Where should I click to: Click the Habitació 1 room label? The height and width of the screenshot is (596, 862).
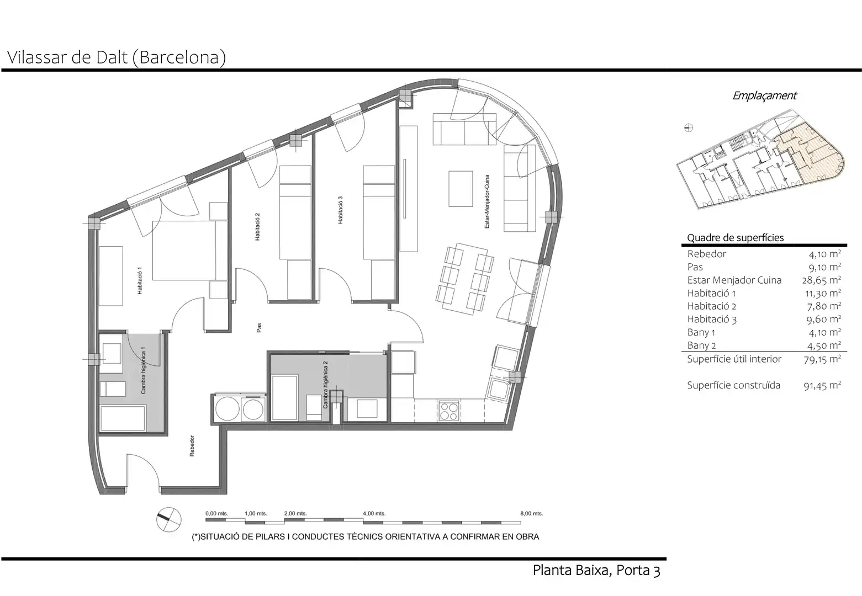[140, 281]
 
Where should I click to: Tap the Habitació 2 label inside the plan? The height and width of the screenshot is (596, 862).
[257, 227]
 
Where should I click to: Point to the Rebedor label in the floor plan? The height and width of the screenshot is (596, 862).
[192, 446]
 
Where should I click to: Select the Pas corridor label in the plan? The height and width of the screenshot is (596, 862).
[259, 328]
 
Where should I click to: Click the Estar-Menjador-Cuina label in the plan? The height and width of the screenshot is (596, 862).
[487, 201]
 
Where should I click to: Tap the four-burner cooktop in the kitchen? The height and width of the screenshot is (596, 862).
[449, 411]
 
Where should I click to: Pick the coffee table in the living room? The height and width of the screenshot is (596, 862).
[461, 189]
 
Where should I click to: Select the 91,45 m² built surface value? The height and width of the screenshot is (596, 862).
[822, 385]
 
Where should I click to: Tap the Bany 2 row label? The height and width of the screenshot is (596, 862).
[701, 345]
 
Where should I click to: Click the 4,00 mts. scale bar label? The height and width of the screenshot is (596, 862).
[374, 513]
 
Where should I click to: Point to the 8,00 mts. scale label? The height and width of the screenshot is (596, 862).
[531, 513]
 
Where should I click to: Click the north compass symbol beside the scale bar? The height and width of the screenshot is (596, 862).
[168, 519]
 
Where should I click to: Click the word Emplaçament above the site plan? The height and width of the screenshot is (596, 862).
[764, 95]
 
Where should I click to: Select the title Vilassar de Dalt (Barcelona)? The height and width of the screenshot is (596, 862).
[116, 58]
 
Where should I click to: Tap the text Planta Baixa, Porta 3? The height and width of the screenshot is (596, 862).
[596, 570]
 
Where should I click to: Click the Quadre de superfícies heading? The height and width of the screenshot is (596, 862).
[736, 238]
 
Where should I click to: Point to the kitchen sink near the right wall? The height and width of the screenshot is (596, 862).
[499, 389]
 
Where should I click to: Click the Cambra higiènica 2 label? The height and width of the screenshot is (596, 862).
[325, 385]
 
